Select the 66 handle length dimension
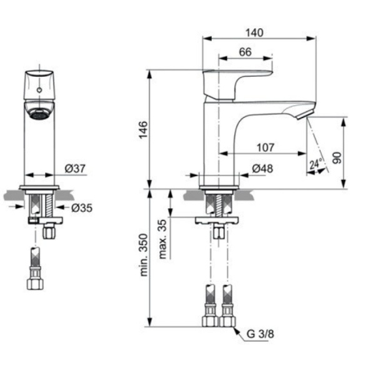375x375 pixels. (244, 53)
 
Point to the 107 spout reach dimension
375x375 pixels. (266, 147)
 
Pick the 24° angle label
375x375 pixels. (316, 164)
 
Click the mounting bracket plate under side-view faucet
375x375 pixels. (217, 220)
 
